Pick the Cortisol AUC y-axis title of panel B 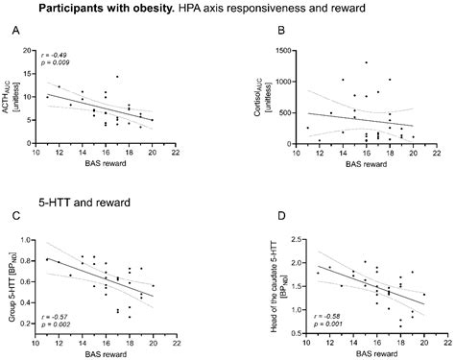click(263, 92)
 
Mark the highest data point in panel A click(116, 77)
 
